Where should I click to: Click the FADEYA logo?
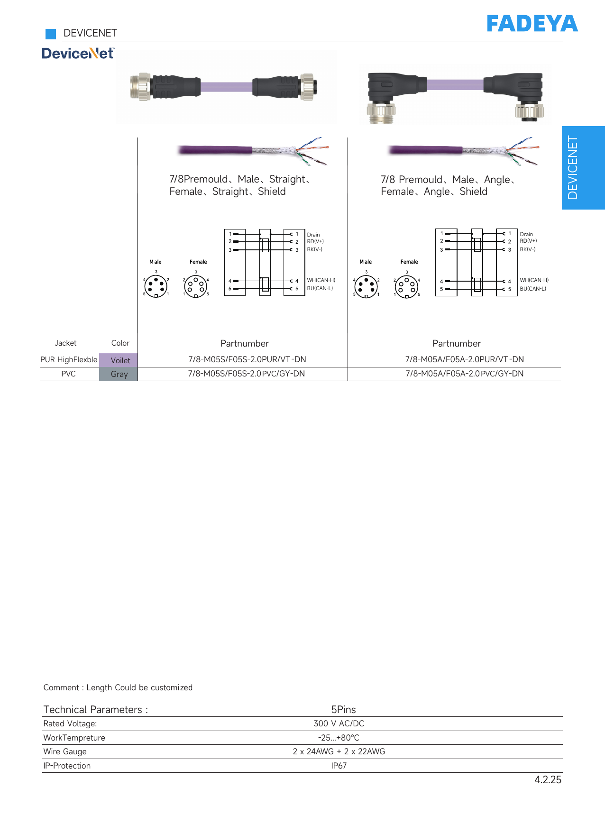[532, 24]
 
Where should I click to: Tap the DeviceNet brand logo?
[78, 53]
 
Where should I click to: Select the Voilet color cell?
[119, 360]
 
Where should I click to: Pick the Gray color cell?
[119, 374]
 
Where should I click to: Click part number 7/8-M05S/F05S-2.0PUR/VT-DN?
[247, 359]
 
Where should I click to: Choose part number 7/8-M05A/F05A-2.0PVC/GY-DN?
[465, 374]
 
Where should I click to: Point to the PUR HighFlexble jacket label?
[69, 360]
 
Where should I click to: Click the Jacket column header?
[65, 343]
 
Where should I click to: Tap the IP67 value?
[339, 766]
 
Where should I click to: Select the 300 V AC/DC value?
[339, 723]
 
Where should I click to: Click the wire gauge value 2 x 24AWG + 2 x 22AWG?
[339, 751]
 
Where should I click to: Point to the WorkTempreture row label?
[74, 738]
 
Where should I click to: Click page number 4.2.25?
[548, 780]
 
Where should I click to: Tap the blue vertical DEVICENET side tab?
[583, 168]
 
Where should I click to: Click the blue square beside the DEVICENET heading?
[51, 34]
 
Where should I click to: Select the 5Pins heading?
[343, 709]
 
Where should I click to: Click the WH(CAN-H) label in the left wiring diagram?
[321, 280]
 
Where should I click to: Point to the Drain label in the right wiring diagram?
[526, 234]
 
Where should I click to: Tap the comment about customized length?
[118, 687]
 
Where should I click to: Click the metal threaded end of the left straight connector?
[140, 87]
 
